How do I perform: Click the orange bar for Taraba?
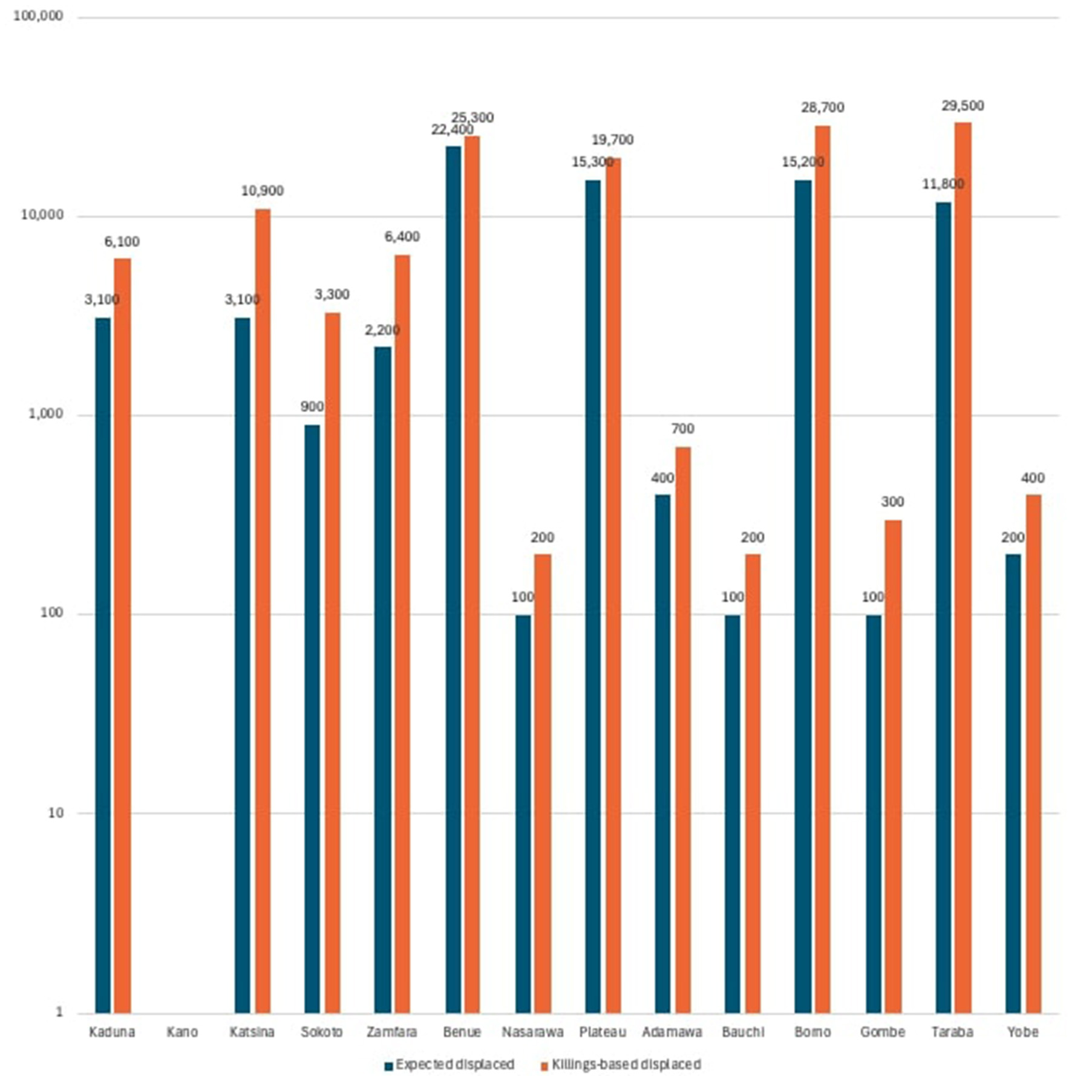click(x=963, y=568)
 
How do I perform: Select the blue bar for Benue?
click(x=453, y=580)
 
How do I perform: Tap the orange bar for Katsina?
click(x=263, y=611)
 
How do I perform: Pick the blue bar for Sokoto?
click(x=312, y=719)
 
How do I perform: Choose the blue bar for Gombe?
click(x=873, y=814)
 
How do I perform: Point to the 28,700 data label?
click(x=822, y=108)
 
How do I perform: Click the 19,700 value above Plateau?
click(x=612, y=140)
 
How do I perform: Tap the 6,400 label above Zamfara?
click(x=402, y=237)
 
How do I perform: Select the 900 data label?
click(x=312, y=407)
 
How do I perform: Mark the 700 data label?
click(x=682, y=429)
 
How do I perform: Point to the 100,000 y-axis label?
click(x=38, y=16)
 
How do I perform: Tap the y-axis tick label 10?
click(x=55, y=813)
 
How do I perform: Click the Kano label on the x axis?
click(x=182, y=1032)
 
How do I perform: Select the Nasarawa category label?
click(x=532, y=1032)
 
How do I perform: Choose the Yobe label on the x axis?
click(x=1022, y=1032)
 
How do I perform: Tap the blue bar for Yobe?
click(x=1013, y=783)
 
